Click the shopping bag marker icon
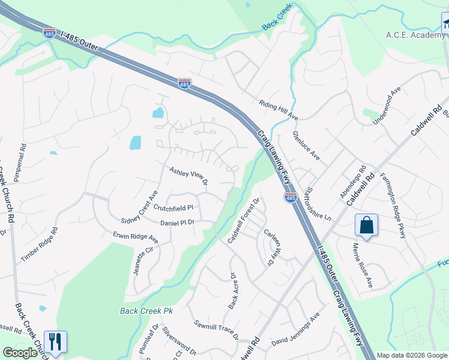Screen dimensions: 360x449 point(366,226)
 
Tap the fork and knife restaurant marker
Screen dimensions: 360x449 point(55,341)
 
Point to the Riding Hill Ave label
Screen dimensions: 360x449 point(279,109)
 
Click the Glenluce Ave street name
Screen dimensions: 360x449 point(306,146)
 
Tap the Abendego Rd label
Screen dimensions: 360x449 point(352,182)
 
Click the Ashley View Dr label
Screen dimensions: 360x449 point(188,175)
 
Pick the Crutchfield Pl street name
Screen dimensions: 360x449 point(173,208)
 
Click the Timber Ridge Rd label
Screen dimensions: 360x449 point(39,245)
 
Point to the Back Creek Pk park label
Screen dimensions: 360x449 point(146,311)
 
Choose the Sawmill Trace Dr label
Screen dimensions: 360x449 point(215,328)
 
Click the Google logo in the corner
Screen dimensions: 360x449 point(20,353)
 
